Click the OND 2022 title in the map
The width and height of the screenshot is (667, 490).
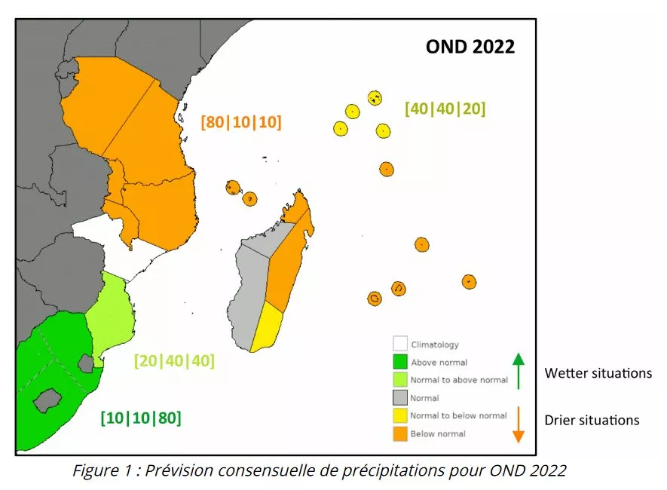(x=470, y=47)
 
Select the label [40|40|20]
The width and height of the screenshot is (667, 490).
(x=445, y=109)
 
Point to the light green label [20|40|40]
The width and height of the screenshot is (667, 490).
(x=174, y=360)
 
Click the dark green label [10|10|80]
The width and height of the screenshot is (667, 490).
(x=141, y=417)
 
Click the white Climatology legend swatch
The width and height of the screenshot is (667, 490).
(x=399, y=345)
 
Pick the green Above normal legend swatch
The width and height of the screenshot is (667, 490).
(x=399, y=363)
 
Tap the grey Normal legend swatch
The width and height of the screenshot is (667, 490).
(x=399, y=397)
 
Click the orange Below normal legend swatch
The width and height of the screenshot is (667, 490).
(x=399, y=433)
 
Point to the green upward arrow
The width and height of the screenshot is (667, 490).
(x=518, y=369)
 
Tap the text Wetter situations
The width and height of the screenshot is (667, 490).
(x=598, y=373)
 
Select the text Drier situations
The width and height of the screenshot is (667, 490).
(x=592, y=420)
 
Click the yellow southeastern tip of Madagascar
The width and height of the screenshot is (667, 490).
(x=265, y=329)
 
